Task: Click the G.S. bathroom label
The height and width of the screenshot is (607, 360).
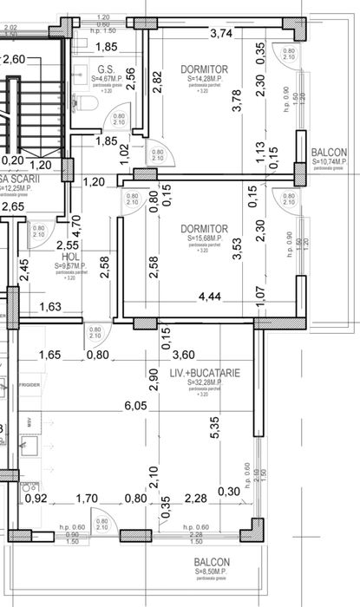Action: [107, 69]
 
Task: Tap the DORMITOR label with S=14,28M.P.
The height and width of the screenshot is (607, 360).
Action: [204, 69]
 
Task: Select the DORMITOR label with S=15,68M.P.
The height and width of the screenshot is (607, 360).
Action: [205, 229]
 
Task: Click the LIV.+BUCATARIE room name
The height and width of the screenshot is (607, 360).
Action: [206, 374]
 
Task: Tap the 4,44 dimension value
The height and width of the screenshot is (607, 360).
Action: [210, 297]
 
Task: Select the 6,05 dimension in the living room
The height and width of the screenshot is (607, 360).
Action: [135, 406]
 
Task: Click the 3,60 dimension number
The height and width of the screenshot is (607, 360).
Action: [183, 355]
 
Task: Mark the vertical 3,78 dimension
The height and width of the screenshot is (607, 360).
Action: [237, 102]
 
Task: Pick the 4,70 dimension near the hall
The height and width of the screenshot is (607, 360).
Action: [75, 225]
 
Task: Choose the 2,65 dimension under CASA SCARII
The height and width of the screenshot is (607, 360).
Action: [12, 206]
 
